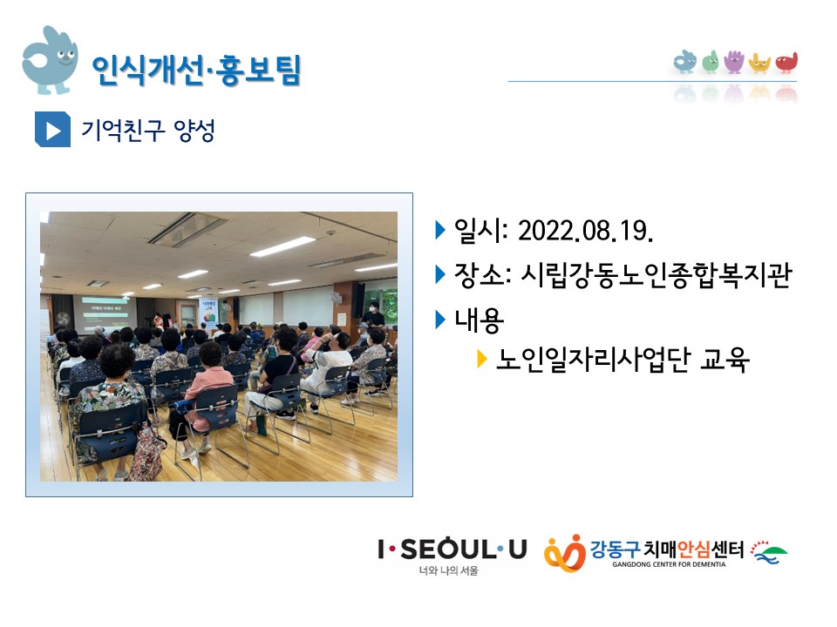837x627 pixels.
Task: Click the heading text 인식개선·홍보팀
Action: (x=196, y=70)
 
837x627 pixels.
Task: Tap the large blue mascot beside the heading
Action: (x=50, y=60)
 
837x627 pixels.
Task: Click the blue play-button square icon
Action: (x=52, y=129)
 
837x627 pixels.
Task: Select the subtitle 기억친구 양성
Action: (x=148, y=130)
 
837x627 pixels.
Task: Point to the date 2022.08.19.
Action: (x=586, y=231)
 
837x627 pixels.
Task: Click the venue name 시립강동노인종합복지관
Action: (x=656, y=275)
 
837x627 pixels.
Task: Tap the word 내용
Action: (x=479, y=320)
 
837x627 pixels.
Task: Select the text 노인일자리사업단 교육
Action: (x=623, y=360)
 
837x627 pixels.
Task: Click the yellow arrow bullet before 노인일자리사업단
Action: (x=481, y=359)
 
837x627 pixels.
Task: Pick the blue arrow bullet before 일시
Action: (x=440, y=230)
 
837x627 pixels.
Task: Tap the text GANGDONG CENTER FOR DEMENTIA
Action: (x=669, y=564)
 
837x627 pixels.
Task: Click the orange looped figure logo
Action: (x=565, y=553)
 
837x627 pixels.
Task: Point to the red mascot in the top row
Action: (x=786, y=63)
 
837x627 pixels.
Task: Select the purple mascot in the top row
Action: (x=734, y=62)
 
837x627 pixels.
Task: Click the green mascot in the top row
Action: (x=710, y=62)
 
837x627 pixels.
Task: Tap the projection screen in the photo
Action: (x=105, y=314)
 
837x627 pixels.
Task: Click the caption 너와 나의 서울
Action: (x=448, y=570)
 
